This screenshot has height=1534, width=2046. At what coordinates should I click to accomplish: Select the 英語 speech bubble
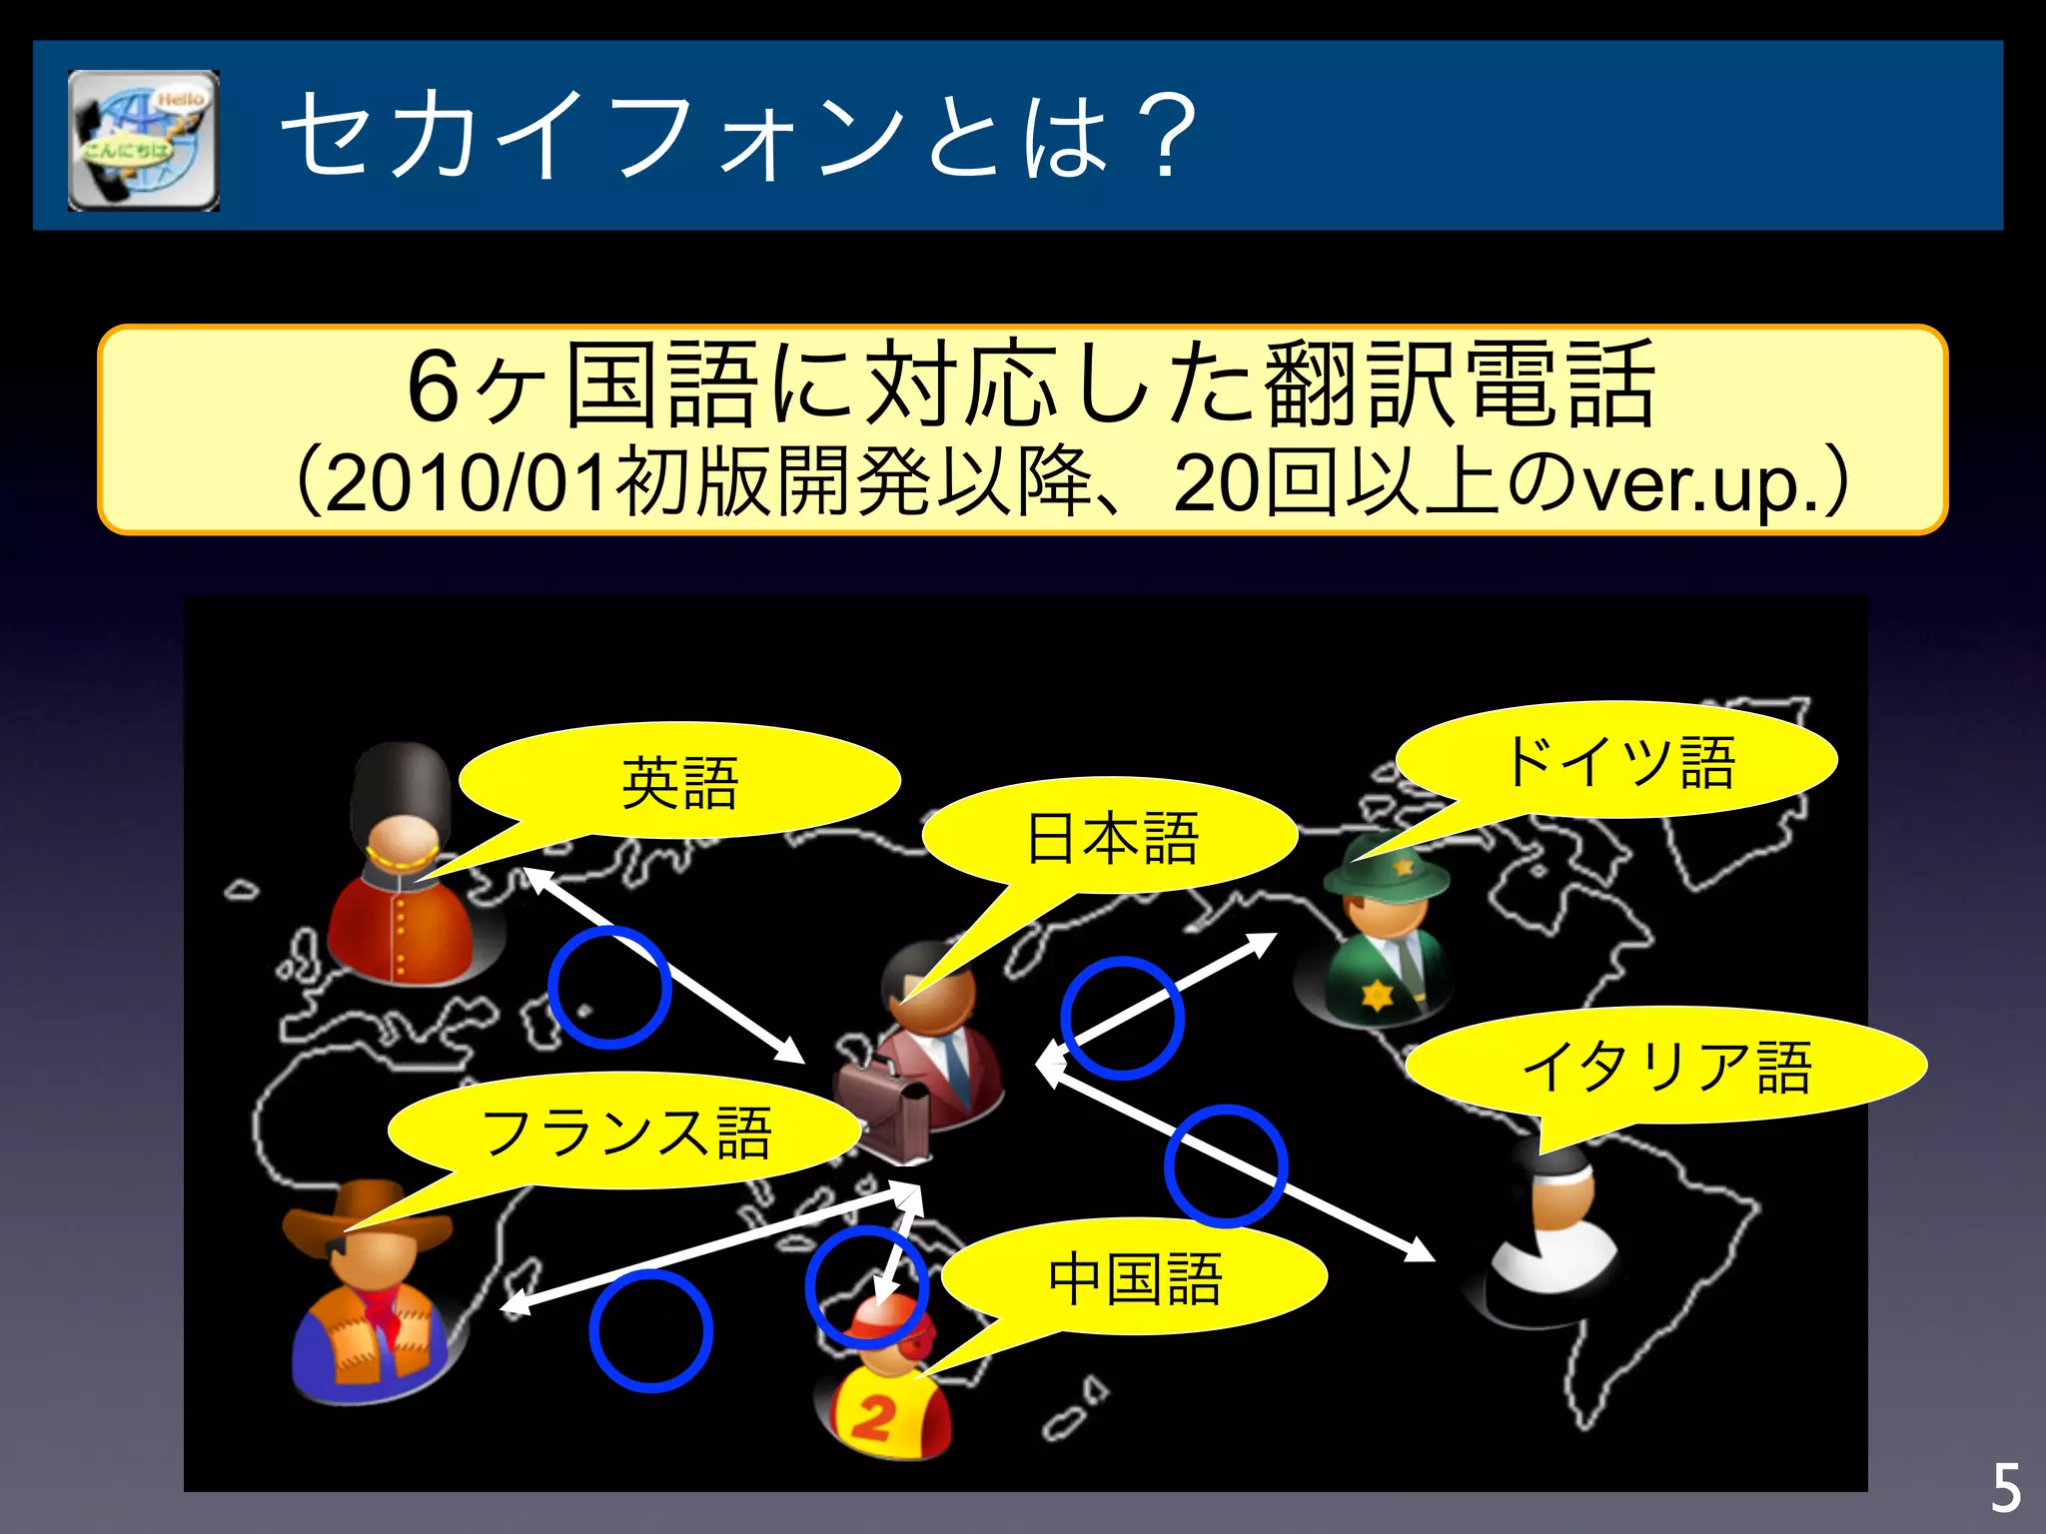click(x=679, y=782)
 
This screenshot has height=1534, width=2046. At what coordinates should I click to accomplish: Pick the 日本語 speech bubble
click(x=1111, y=837)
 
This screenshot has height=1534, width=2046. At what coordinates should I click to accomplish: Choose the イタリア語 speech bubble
click(x=1665, y=1066)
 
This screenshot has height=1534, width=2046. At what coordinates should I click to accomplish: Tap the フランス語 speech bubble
click(x=625, y=1132)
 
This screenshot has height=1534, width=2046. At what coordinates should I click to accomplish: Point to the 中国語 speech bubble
click(x=1134, y=1277)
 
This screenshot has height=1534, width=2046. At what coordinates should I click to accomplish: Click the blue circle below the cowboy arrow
click(x=650, y=1330)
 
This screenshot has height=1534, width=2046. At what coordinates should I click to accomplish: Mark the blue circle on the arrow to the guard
click(x=608, y=987)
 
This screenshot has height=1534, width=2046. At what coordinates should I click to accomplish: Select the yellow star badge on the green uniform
click(x=1377, y=995)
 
